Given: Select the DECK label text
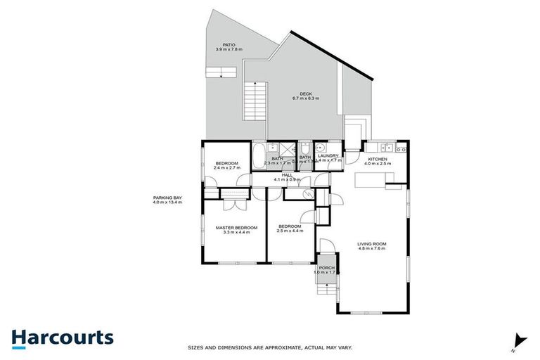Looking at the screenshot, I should point(306,94).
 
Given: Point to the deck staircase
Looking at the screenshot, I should point(255,101).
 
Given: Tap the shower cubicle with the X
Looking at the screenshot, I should point(287,149).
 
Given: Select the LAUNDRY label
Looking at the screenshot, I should point(328,156).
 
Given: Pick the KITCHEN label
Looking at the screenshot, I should point(378,160).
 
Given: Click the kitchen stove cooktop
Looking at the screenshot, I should point(401,148).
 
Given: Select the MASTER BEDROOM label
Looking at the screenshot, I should point(236,228).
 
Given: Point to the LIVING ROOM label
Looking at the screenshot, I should point(373,244).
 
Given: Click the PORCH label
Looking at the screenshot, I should point(326,267).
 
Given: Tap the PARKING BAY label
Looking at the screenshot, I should point(167,198).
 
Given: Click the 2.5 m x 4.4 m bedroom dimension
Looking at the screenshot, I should point(289,232).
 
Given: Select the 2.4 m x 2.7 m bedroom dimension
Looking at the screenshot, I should point(226,169).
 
